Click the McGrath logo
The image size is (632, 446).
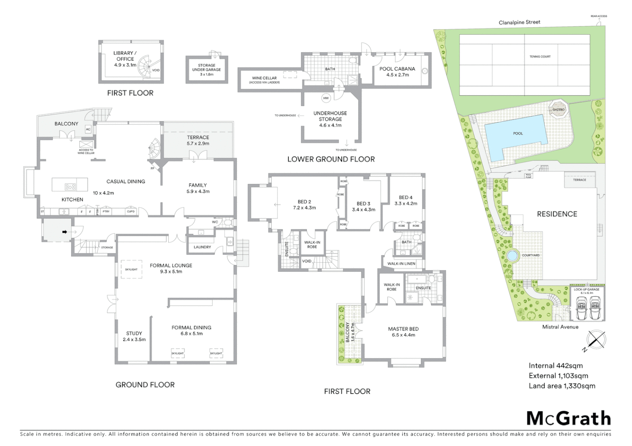click(568, 418)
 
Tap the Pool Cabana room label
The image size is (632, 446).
click(397, 69)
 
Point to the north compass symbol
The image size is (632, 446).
click(595, 341)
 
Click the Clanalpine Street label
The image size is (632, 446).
click(519, 22)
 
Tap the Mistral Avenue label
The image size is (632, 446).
click(560, 327)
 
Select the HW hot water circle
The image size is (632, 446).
click(326, 98)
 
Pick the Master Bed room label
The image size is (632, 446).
click(403, 329)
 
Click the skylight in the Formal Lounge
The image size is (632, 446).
click(131, 269)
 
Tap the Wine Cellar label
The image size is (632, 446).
click(264, 78)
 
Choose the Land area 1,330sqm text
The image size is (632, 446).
click(562, 386)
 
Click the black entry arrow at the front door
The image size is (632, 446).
click(65, 232)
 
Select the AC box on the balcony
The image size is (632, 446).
click(88, 129)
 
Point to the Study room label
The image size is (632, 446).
click(134, 333)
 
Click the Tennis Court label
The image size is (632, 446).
click(540, 57)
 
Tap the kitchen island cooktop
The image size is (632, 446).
click(70, 187)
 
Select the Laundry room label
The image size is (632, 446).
click(202, 247)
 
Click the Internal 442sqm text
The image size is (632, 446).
click(555, 365)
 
